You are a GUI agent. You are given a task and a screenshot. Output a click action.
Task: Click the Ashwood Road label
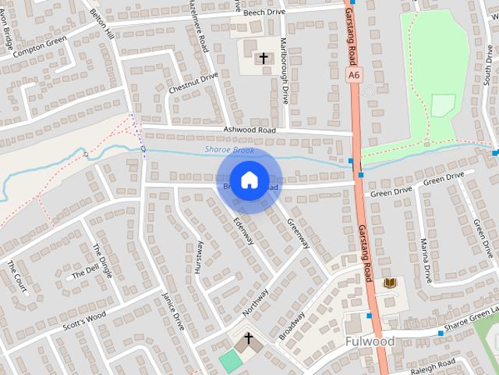point(249,130)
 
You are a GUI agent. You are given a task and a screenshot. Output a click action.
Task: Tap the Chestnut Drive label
point(193,84)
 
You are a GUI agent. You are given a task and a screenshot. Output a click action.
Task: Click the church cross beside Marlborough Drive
point(263,58)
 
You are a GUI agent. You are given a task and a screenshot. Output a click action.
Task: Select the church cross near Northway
point(249,339)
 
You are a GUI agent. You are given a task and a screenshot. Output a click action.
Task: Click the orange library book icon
point(391,282)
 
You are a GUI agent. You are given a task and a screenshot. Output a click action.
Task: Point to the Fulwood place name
point(369,342)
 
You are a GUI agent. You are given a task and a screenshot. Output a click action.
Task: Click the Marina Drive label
point(426,260)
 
